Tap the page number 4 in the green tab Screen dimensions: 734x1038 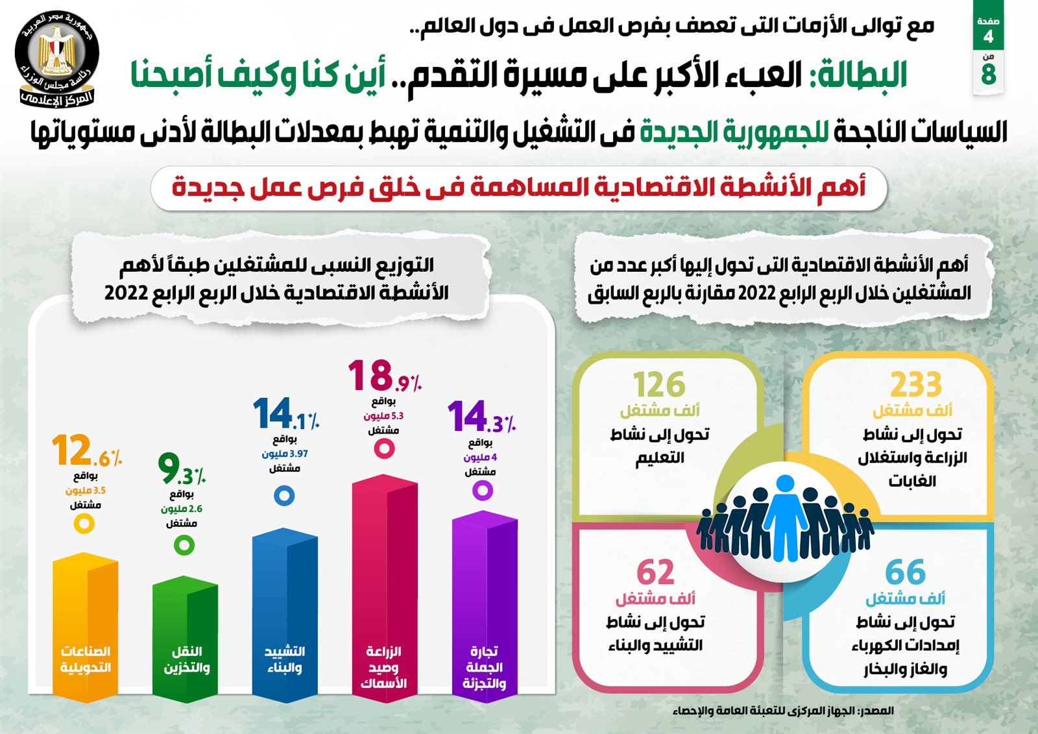988,36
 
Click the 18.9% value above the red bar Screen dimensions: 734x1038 384,376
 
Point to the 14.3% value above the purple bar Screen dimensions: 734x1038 481,417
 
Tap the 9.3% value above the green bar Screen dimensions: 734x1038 181,469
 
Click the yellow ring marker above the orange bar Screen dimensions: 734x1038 84,523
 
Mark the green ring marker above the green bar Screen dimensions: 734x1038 184,544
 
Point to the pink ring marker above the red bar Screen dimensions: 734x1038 384,448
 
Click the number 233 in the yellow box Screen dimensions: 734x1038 915,384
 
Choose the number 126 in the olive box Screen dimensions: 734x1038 659,384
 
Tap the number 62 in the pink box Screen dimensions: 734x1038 655,572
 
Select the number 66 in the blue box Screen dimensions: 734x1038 906,572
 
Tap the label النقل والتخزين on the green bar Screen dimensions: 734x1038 186,659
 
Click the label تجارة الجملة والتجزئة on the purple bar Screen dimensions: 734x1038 484,667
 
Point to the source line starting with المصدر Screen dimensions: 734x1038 783,711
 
